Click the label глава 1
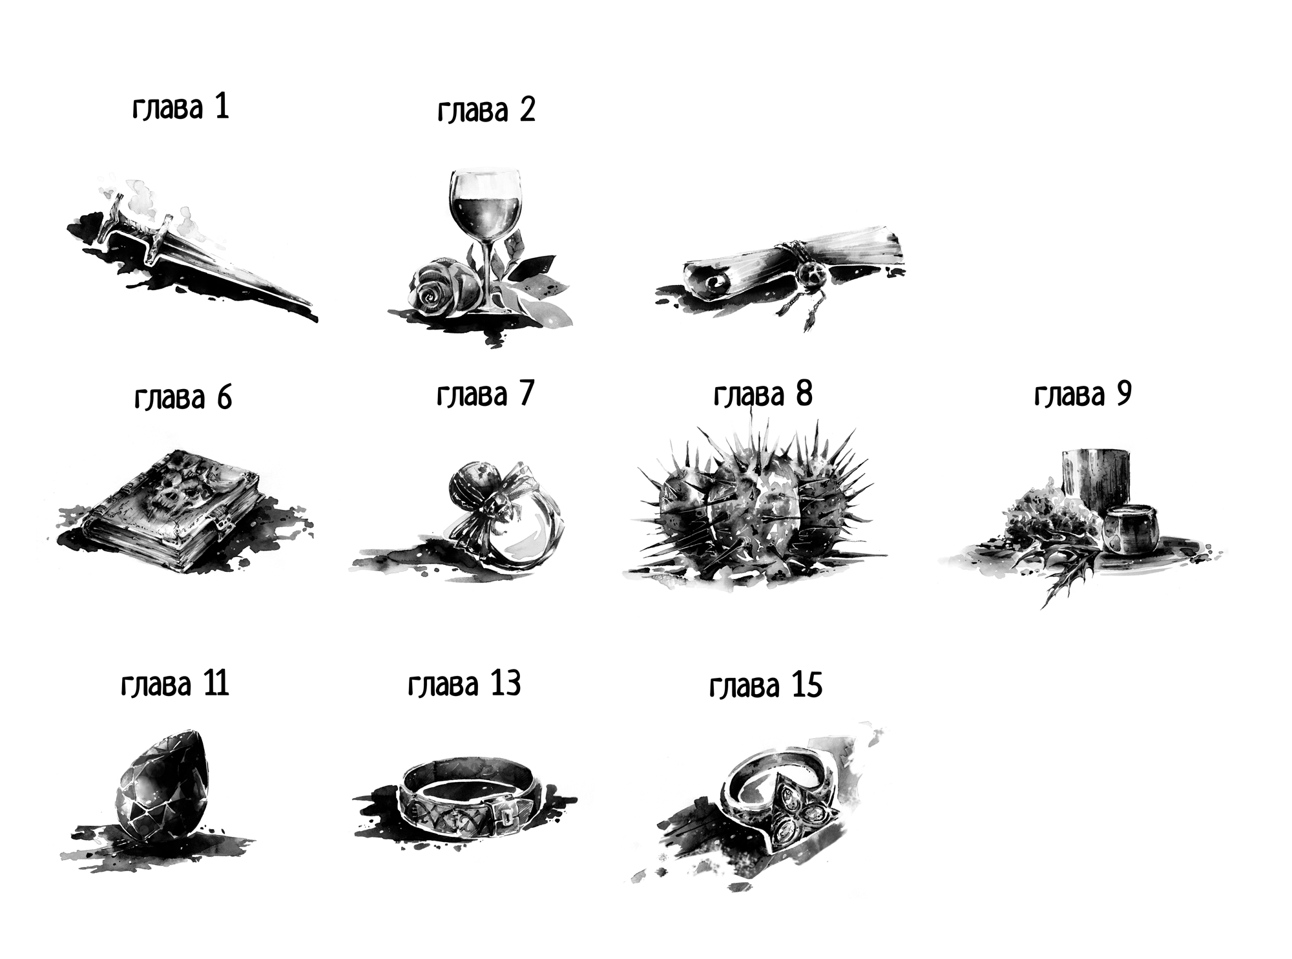pos(181,107)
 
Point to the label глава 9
pos(1083,394)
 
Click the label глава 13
pos(464,684)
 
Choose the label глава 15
pos(766,685)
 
